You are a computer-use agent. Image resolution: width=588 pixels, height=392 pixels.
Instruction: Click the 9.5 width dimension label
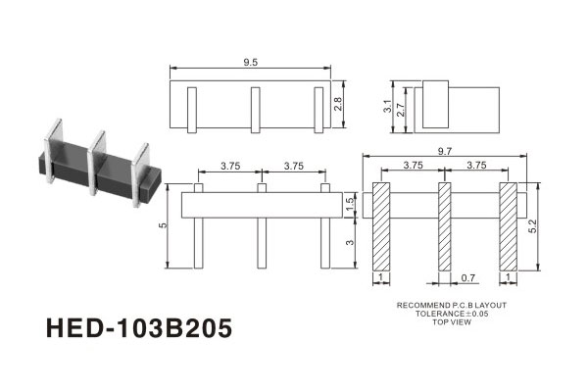click(250, 63)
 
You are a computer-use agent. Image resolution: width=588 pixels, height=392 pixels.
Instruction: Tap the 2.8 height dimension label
click(338, 104)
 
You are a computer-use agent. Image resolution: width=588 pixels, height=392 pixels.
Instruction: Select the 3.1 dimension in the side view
click(388, 106)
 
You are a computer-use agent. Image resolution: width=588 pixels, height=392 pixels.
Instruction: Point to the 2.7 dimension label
click(401, 110)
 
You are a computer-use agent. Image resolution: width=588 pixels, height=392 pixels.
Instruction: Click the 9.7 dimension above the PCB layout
click(444, 151)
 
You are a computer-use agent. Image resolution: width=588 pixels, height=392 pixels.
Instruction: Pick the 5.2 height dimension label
click(532, 226)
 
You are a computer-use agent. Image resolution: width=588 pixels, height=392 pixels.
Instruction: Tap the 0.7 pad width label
click(468, 278)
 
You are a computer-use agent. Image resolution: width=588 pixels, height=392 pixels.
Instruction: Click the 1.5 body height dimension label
click(350, 205)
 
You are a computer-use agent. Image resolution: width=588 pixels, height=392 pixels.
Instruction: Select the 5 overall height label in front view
click(163, 225)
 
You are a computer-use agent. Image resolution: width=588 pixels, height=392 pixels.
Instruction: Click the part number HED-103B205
click(139, 328)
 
